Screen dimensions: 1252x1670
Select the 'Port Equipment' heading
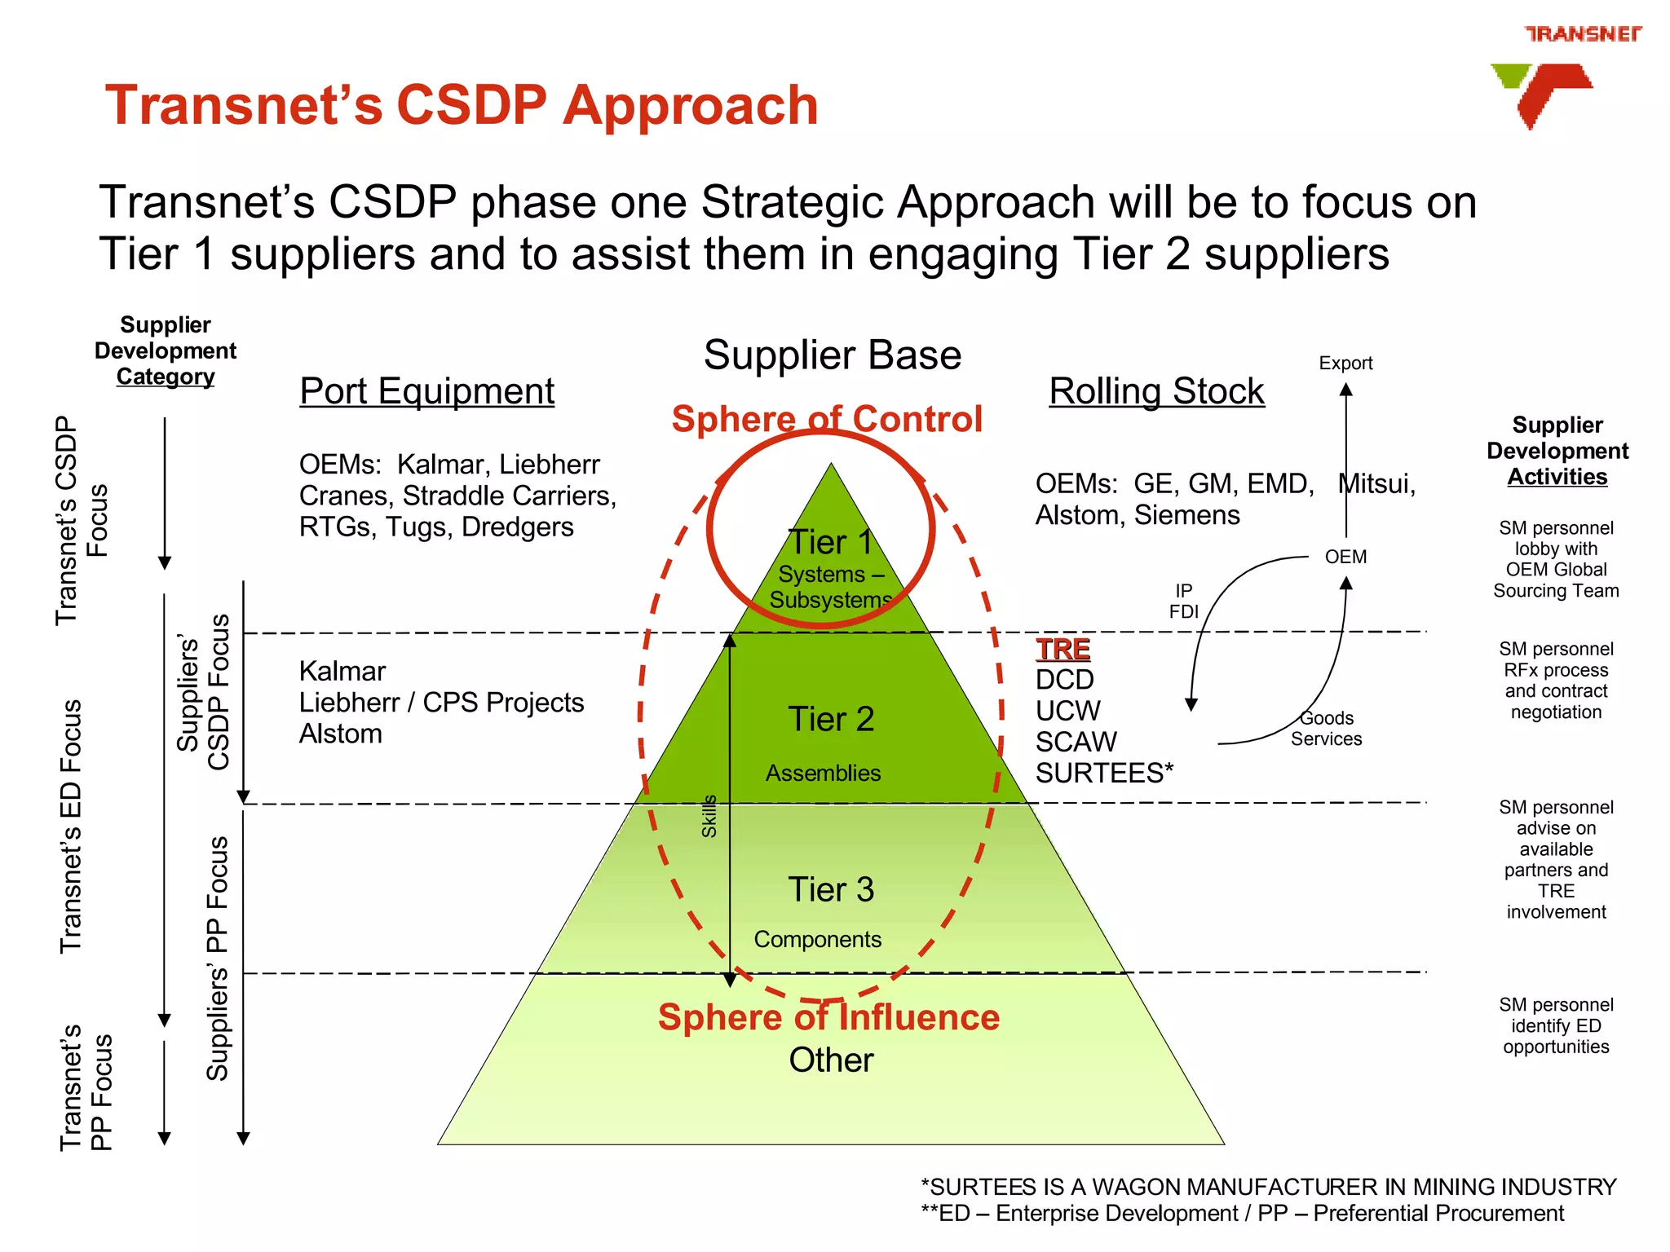[426, 391]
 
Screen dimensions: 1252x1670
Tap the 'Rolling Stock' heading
[1155, 391]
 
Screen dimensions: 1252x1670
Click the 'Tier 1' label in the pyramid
[830, 542]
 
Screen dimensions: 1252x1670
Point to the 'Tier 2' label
[830, 719]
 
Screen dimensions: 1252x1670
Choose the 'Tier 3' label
[830, 889]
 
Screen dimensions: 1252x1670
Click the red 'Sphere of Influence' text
[828, 1017]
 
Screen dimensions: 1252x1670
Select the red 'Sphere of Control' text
[826, 419]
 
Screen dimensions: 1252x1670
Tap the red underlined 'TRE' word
[1063, 650]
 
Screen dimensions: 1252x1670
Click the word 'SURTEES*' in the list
[1104, 773]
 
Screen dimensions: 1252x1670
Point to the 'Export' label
[1345, 364]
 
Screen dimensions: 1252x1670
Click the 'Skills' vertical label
[709, 816]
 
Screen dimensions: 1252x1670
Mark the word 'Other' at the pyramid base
[830, 1060]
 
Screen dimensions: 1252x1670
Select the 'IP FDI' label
[1183, 601]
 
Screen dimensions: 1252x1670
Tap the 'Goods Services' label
[1326, 729]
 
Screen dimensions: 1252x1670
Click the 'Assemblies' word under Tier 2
[823, 773]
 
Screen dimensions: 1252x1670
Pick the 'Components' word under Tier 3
[817, 939]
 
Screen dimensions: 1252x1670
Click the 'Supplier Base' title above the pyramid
[832, 355]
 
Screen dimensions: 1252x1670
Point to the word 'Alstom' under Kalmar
[340, 734]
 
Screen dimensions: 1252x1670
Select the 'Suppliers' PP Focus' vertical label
[217, 958]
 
